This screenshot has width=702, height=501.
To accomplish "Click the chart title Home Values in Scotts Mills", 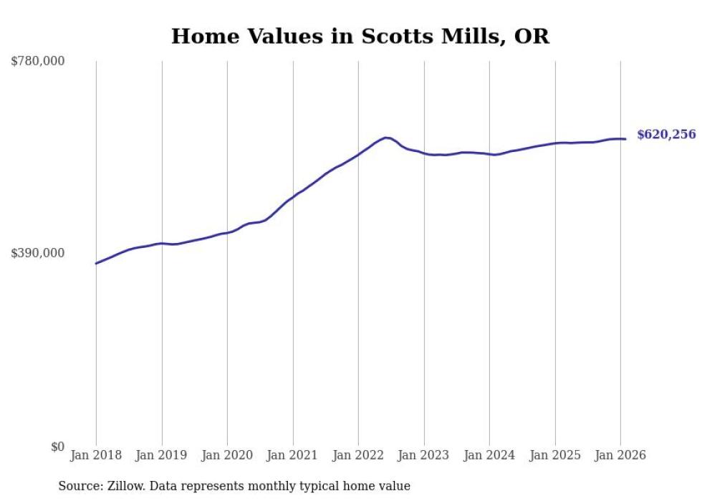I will (360, 36).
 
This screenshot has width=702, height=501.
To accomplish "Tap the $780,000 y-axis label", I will (38, 62).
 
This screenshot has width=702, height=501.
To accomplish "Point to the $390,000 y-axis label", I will (38, 253).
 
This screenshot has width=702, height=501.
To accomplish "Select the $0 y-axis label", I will (57, 447).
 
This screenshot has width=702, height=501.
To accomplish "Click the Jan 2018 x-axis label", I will (96, 455).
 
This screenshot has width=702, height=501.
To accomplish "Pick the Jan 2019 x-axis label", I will (161, 455).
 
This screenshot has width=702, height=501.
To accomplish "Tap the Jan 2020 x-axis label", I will (227, 455).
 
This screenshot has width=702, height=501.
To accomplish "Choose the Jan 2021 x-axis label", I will (292, 455).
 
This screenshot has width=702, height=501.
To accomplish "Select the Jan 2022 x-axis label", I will (358, 455).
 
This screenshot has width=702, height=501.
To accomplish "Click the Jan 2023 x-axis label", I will (423, 455).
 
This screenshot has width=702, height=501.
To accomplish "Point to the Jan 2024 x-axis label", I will (489, 455).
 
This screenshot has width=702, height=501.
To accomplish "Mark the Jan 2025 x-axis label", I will (554, 455).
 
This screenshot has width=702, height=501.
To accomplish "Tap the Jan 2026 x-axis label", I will (620, 455).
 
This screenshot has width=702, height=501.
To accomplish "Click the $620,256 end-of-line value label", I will (666, 134).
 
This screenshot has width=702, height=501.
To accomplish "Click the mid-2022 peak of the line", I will (386, 138).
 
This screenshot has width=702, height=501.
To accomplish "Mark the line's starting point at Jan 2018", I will (96, 264).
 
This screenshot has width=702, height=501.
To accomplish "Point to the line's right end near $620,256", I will (625, 139).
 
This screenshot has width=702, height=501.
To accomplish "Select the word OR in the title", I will (532, 36).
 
